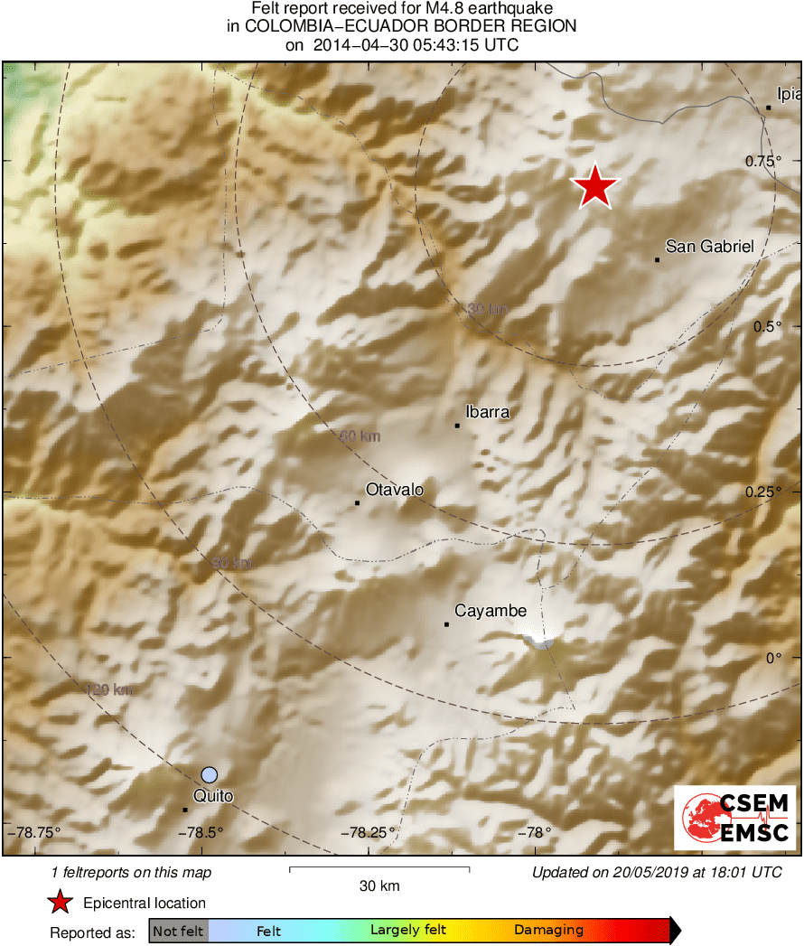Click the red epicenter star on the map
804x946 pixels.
coord(595,187)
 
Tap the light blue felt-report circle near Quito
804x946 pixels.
coord(210,774)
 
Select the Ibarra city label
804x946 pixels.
coord(488,412)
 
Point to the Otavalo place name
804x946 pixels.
coord(395,490)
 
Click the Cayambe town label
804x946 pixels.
coord(491,612)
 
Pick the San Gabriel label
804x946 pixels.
coord(709,246)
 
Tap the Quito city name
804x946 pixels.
coord(214,796)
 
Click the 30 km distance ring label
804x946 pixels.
coord(487,310)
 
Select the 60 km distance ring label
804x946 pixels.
coord(360,437)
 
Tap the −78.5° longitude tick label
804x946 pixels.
coord(201,832)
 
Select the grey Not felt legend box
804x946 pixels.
coord(178,930)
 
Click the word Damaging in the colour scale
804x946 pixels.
coord(548,930)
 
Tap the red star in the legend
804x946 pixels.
coord(60,902)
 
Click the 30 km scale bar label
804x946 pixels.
coord(379,886)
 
